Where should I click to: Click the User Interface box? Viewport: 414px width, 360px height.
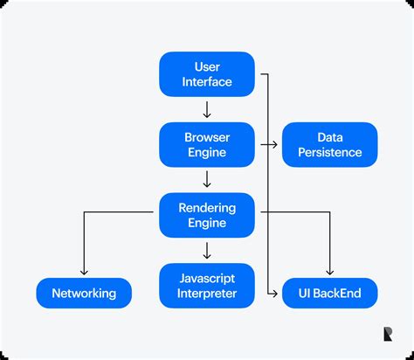207,73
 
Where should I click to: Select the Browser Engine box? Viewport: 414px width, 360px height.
207,145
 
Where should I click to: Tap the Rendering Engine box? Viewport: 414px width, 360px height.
207,216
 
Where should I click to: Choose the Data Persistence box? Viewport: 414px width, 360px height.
329,145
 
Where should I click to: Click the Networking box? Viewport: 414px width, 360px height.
84,294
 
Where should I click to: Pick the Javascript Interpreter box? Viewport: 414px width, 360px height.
207,286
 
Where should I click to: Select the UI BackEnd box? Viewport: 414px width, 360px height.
329,294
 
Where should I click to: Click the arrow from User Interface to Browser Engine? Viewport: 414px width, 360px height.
207,109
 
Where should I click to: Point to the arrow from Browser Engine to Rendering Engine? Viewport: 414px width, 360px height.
207,180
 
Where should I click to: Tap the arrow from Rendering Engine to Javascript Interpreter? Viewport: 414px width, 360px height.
207,251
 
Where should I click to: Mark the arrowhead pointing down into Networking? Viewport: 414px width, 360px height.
84,272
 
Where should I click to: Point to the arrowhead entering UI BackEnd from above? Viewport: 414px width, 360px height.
330,272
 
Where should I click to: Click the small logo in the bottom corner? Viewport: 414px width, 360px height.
388,333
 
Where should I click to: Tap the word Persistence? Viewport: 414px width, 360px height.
329,153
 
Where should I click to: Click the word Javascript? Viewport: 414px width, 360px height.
207,278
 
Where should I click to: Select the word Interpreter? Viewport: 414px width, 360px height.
207,294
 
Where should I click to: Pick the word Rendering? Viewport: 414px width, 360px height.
207,208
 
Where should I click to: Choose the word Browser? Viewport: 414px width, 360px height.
207,137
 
